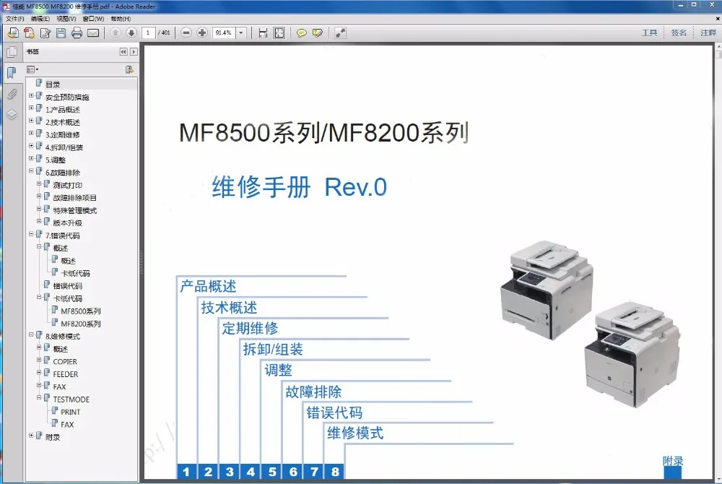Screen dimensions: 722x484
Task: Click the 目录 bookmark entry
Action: [x=53, y=85]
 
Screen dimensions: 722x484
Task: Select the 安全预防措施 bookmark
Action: [x=66, y=98]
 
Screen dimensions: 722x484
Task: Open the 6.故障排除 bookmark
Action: [x=62, y=173]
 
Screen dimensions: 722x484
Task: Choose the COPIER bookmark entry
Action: [x=65, y=362]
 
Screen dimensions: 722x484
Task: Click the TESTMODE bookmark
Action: [x=71, y=399]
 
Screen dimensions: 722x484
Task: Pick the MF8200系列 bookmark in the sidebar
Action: [x=80, y=324]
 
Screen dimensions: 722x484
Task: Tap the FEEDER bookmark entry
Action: [x=66, y=374]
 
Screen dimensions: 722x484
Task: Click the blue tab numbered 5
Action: [x=272, y=472]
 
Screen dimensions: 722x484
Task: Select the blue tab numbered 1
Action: [x=186, y=472]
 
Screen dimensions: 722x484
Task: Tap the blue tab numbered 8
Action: [x=335, y=472]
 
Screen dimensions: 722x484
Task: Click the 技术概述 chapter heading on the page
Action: [x=229, y=308]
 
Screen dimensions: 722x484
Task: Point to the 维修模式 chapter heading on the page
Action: [x=355, y=433]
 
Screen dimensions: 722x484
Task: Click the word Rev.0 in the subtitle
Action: [x=356, y=188]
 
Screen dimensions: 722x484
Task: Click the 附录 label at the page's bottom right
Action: [x=673, y=461]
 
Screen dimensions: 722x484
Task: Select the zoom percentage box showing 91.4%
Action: [x=223, y=33]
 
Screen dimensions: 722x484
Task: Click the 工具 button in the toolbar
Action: [x=650, y=33]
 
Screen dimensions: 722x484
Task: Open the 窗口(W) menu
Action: [x=93, y=19]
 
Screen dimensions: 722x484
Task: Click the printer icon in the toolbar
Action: [x=77, y=33]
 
